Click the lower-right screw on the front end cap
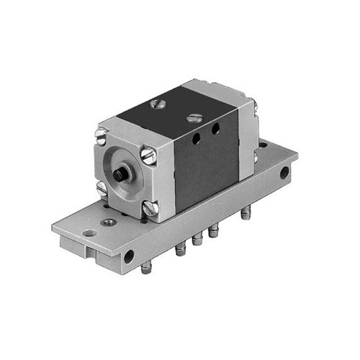(151, 210)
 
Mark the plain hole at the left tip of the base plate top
(89, 233)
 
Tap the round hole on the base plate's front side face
(130, 256)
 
